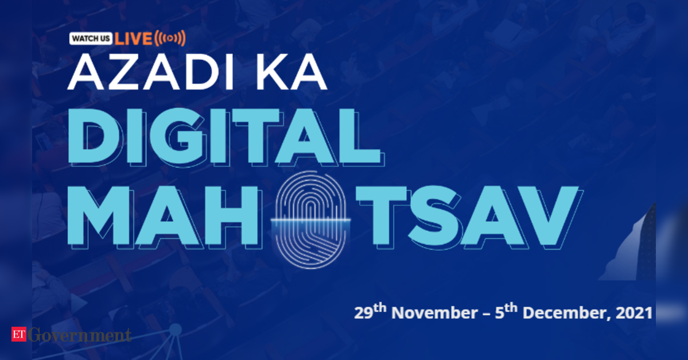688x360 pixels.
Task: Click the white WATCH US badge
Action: click(x=91, y=38)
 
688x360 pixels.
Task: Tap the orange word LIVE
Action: click(x=133, y=38)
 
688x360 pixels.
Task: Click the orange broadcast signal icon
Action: click(x=170, y=38)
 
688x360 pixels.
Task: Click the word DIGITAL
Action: click(x=226, y=137)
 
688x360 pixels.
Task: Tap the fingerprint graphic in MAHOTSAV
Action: click(x=310, y=219)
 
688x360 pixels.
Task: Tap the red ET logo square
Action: click(x=19, y=334)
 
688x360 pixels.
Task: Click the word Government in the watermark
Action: click(x=79, y=335)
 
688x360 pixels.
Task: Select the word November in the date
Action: click(x=434, y=313)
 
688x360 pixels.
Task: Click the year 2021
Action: click(x=634, y=313)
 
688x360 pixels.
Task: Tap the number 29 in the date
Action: click(x=363, y=313)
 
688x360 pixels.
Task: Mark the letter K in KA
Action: click(x=271, y=73)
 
